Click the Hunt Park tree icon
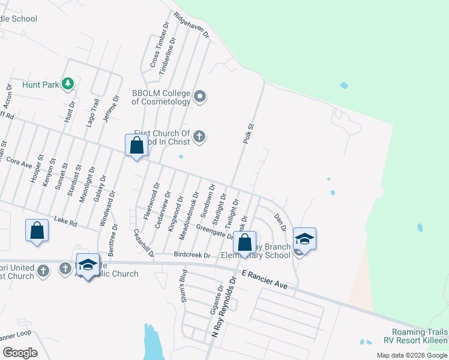(x=68, y=84)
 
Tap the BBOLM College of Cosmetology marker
(x=200, y=96)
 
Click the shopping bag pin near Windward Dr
(x=137, y=146)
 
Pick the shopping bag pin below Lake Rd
(x=37, y=231)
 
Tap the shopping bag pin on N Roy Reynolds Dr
(x=244, y=244)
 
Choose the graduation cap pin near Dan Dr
(x=305, y=239)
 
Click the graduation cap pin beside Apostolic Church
(x=88, y=265)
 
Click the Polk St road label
(x=249, y=133)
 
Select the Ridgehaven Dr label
(x=191, y=25)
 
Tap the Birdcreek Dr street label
(x=192, y=255)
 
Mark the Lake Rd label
(x=66, y=222)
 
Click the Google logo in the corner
(x=20, y=353)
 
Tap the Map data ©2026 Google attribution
(x=411, y=355)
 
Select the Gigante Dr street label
(x=215, y=300)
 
